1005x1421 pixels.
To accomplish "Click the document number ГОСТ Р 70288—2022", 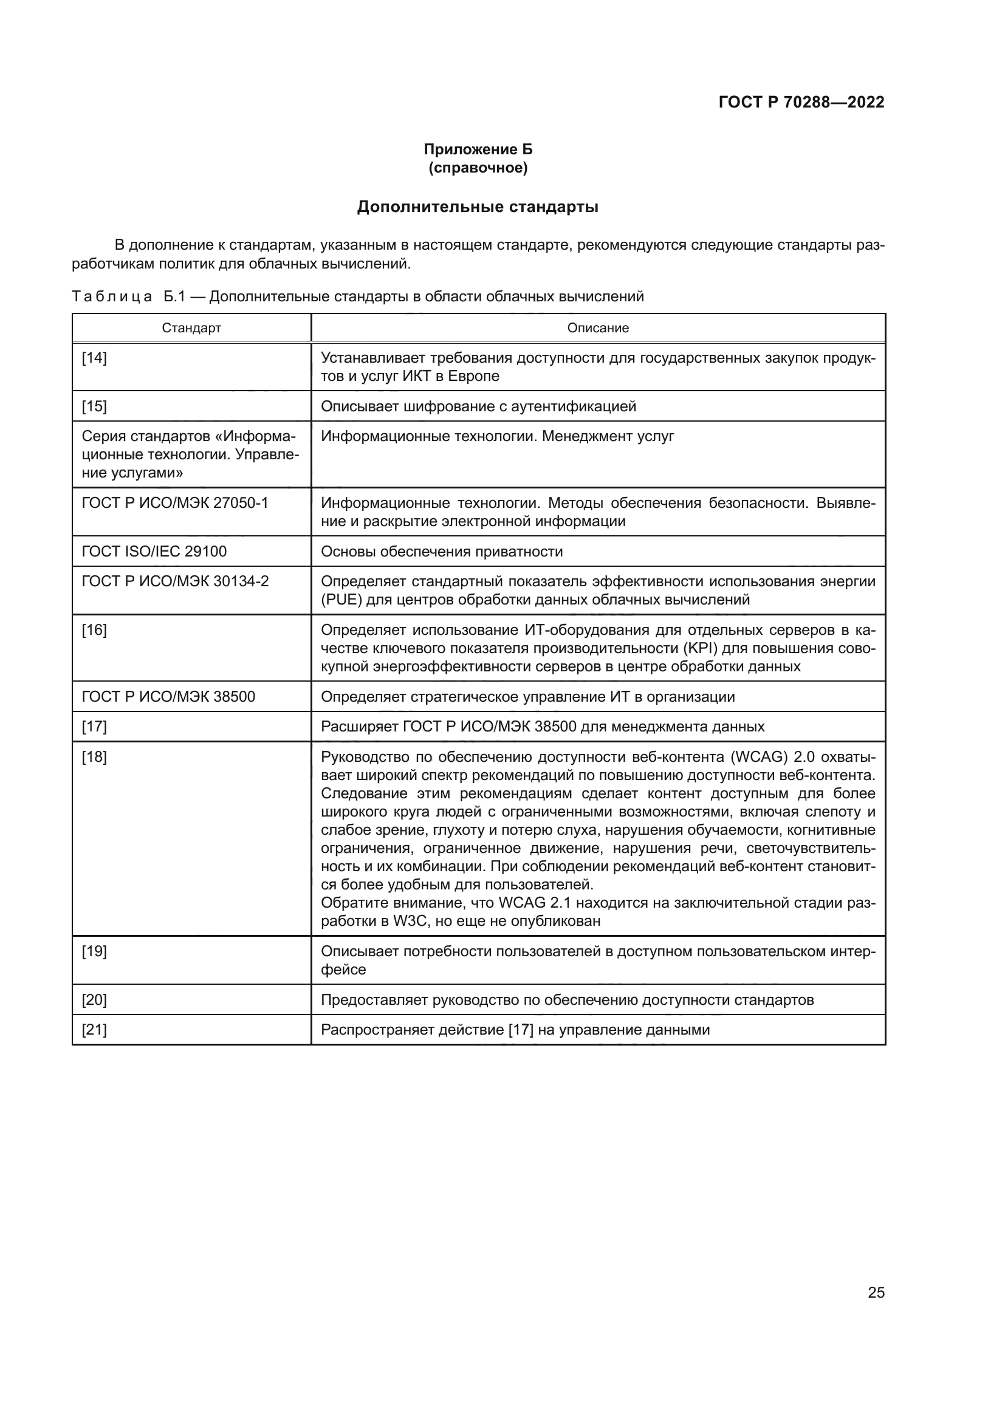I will pos(801,102).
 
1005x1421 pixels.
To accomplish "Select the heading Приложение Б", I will pos(478,149).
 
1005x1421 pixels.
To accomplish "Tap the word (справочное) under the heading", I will pos(478,168).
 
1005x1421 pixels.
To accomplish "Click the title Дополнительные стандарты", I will pos(478,207).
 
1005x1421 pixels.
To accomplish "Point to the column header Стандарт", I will pos(191,328).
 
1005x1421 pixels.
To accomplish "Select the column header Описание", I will pos(598,328).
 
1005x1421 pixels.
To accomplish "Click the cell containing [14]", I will pos(95,358).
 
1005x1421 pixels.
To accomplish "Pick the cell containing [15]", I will pos(95,406).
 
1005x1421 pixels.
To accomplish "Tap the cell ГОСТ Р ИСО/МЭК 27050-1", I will pos(175,503).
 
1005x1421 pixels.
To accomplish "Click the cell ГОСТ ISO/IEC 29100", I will pos(155,552).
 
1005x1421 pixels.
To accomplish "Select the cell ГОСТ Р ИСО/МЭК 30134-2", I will pos(175,581).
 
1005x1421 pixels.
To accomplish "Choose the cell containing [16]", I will pos(95,630).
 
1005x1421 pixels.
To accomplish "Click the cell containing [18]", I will pos(95,757).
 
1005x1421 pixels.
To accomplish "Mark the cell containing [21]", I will pos(95,1030).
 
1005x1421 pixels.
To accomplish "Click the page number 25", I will pos(876,1292).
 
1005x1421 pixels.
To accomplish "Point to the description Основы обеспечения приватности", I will pos(442,552).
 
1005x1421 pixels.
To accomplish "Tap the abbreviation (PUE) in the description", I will pos(339,600).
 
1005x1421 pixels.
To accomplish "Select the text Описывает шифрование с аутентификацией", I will pos(478,406).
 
